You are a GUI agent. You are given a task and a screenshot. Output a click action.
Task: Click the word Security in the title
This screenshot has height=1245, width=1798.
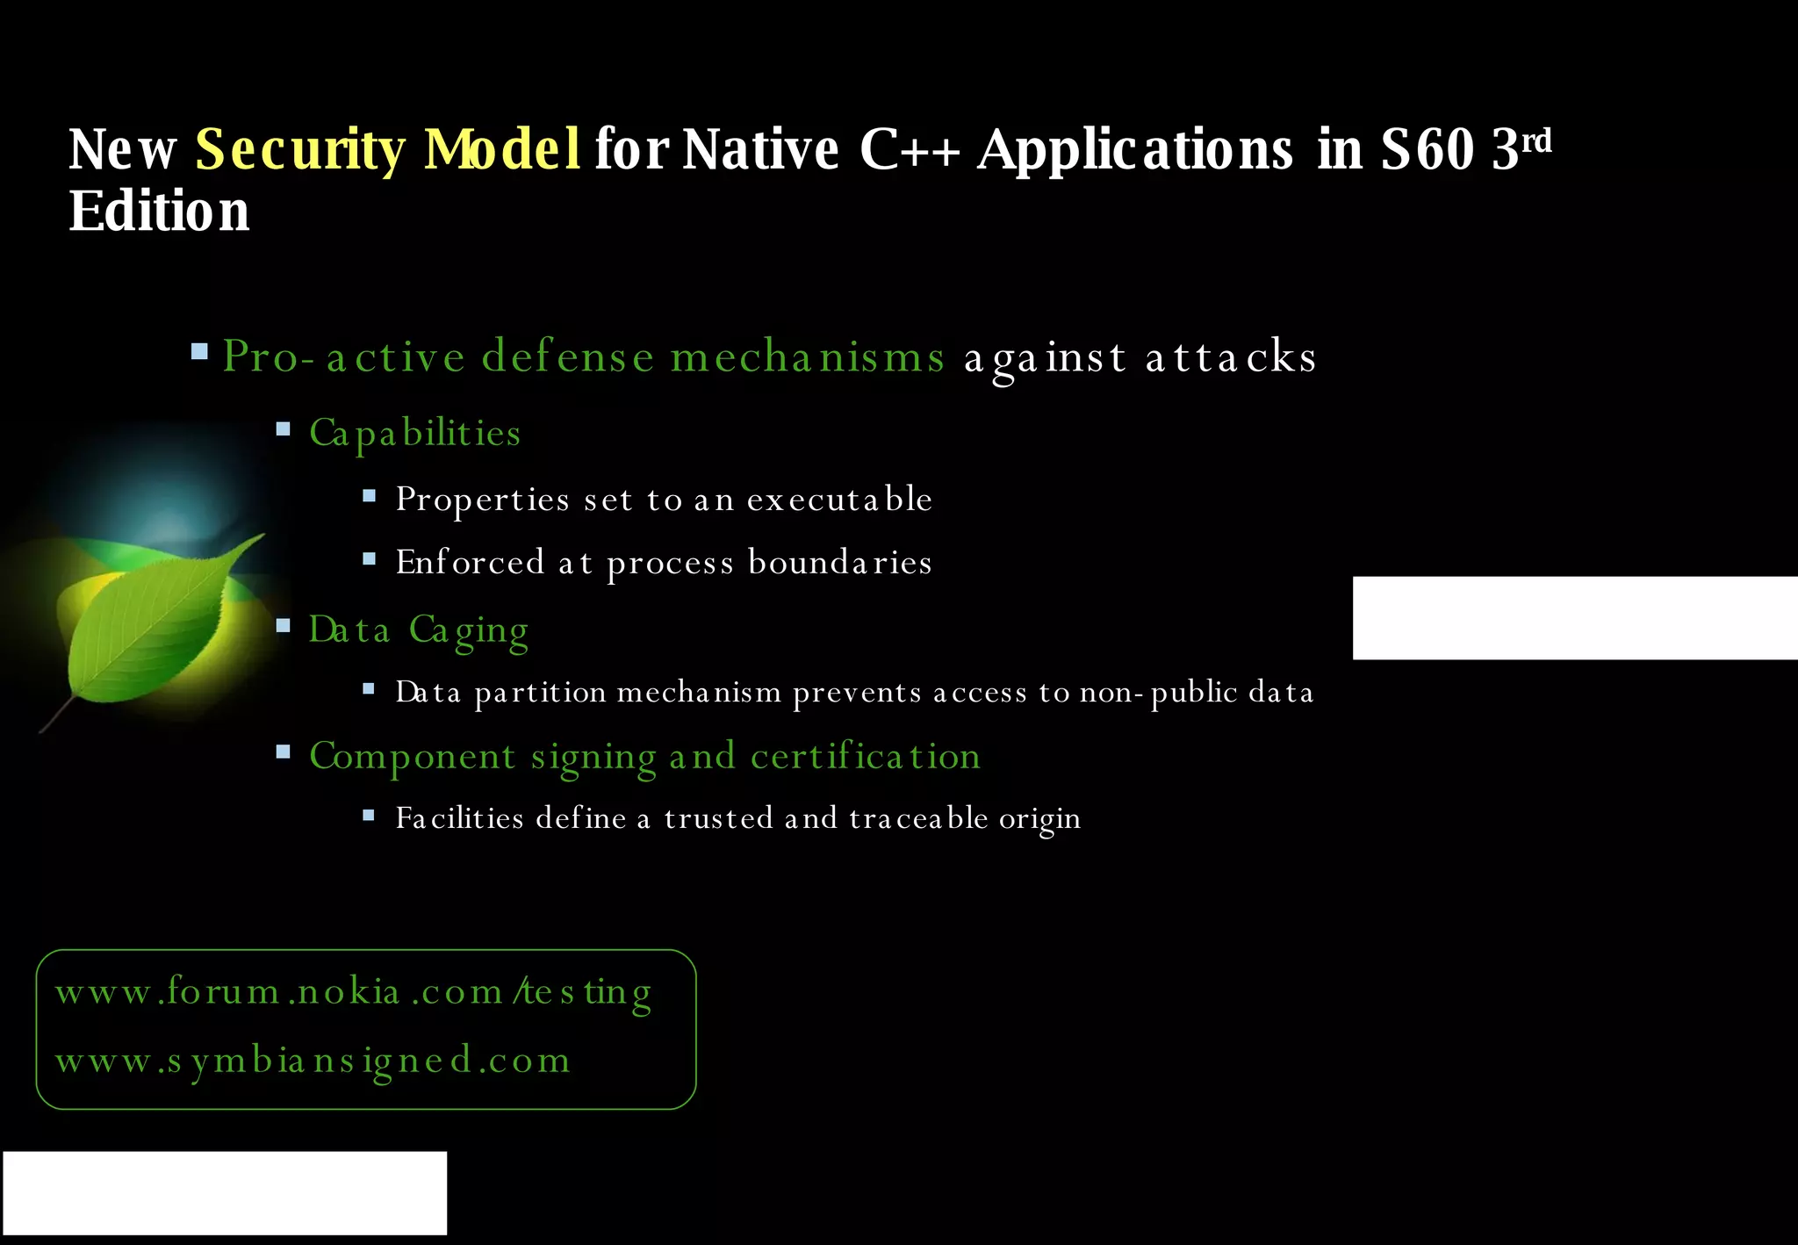click(x=300, y=150)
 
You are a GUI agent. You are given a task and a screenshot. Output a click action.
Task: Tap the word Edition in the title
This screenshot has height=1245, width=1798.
click(x=159, y=212)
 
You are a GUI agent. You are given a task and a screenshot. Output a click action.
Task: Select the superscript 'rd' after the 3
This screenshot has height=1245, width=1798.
click(x=1535, y=140)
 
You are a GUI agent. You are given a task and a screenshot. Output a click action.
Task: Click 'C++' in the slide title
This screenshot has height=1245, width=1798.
click(x=910, y=149)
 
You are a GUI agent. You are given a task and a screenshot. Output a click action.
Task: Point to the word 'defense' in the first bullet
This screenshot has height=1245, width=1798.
click(x=568, y=356)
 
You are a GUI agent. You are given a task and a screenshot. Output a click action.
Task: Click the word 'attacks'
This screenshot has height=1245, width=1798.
click(x=1231, y=356)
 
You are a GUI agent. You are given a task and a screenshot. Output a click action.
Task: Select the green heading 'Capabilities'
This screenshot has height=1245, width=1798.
click(x=415, y=434)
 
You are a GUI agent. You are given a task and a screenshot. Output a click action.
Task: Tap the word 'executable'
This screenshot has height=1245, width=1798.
click(x=839, y=500)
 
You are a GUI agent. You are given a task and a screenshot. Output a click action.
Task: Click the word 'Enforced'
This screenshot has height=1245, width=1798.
click(x=470, y=562)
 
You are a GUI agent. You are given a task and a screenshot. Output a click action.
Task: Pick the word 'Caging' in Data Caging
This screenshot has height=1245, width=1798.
click(x=469, y=631)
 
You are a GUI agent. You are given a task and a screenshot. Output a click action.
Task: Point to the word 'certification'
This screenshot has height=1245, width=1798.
click(x=866, y=757)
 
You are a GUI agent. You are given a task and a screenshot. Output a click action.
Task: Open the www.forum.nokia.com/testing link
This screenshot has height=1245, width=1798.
click(x=353, y=992)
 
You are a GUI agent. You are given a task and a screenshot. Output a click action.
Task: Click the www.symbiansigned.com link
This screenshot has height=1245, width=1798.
click(x=313, y=1061)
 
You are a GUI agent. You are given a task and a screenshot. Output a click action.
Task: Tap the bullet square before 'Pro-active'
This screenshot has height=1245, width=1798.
click(x=200, y=353)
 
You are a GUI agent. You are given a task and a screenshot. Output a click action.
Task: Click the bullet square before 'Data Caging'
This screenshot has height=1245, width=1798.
click(x=284, y=626)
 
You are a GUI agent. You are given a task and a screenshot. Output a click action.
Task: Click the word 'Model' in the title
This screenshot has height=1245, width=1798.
click(x=501, y=150)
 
